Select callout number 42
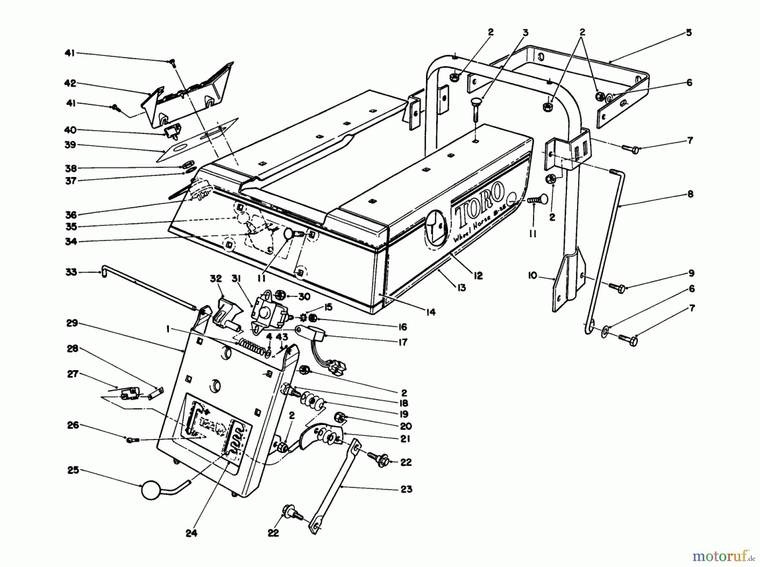coord(70,83)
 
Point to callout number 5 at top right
coord(689,33)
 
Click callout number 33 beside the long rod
coord(71,272)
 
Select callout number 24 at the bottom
coord(191,533)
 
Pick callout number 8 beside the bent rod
coord(690,194)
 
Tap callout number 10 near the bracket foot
coord(532,276)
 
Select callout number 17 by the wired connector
coord(403,342)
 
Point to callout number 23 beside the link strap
coord(406,489)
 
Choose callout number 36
coord(71,215)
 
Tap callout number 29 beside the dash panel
coord(73,323)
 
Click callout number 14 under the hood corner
coord(431,312)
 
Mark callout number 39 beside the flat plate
coord(70,145)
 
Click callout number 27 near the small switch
coord(73,374)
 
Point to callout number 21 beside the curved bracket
coord(405,439)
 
